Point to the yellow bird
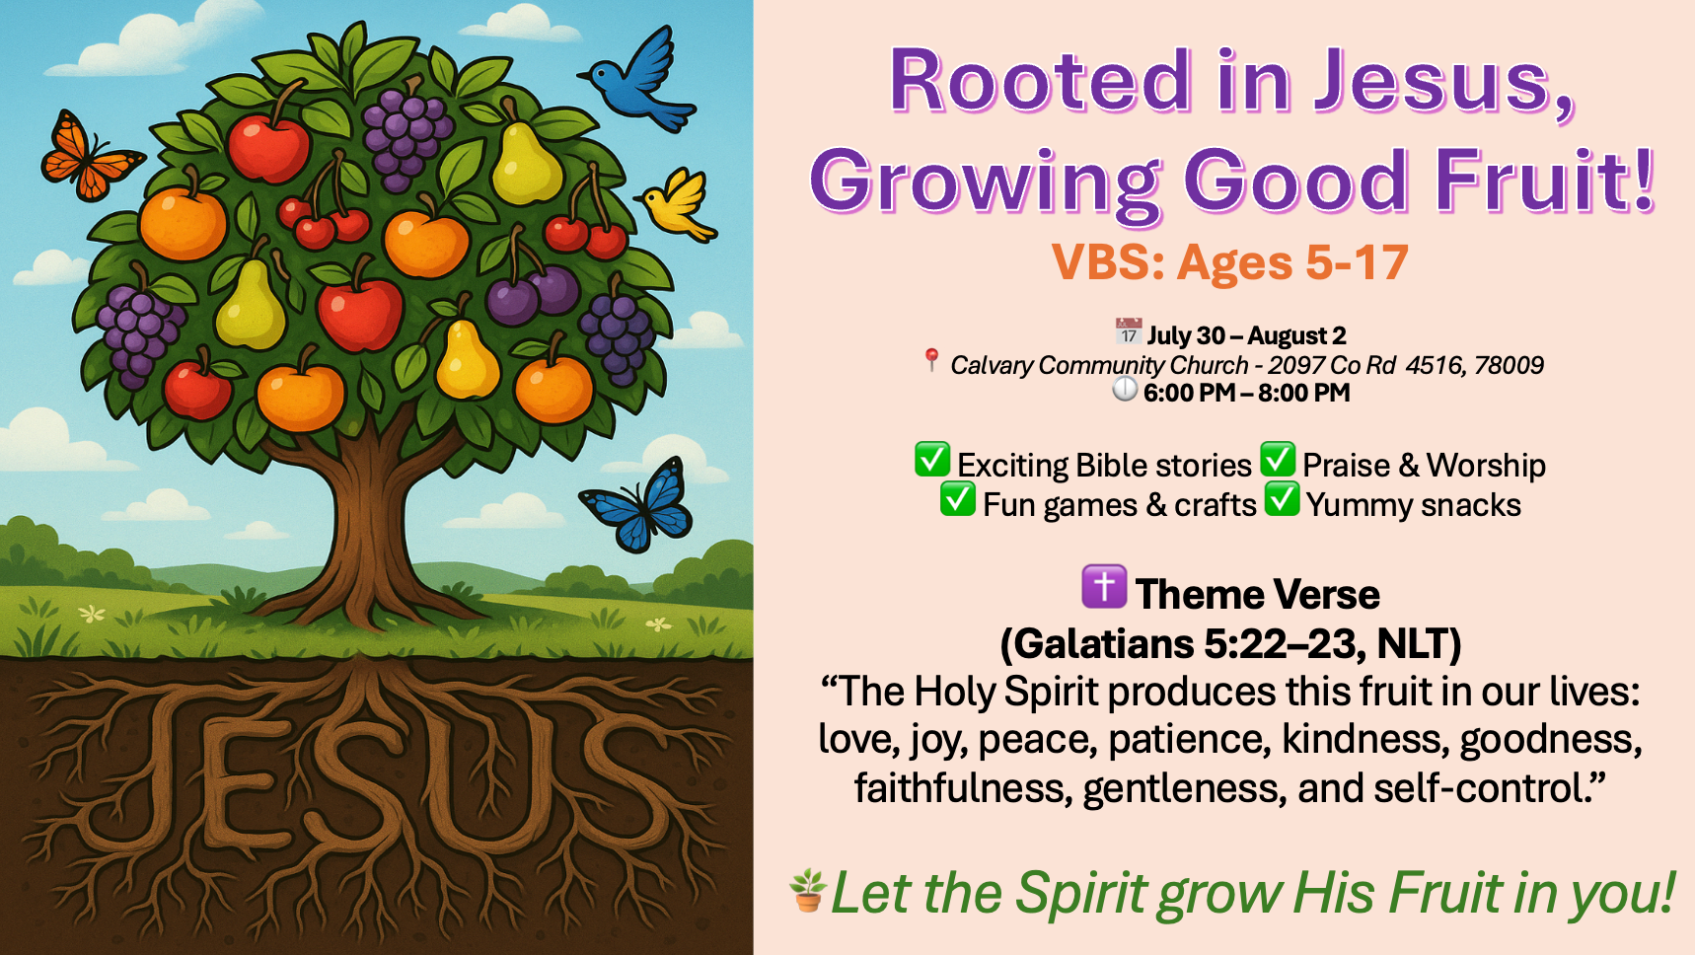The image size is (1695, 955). pyautogui.click(x=679, y=205)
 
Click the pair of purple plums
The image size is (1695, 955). pyautogui.click(x=534, y=294)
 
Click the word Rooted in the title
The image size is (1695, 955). pyautogui.click(x=1041, y=81)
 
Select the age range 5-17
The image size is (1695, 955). pyautogui.click(x=1357, y=262)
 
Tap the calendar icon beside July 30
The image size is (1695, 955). pyautogui.click(x=1129, y=331)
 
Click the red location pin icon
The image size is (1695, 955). pyautogui.click(x=931, y=360)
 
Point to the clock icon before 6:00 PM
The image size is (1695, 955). pyautogui.click(x=1125, y=390)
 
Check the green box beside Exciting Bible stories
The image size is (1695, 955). pyautogui.click(x=932, y=460)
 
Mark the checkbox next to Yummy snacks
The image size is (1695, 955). pyautogui.click(x=1283, y=499)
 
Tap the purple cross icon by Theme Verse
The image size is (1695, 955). pyautogui.click(x=1104, y=587)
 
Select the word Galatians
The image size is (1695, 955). pyautogui.click(x=1104, y=644)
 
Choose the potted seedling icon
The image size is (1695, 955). pyautogui.click(x=808, y=890)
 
